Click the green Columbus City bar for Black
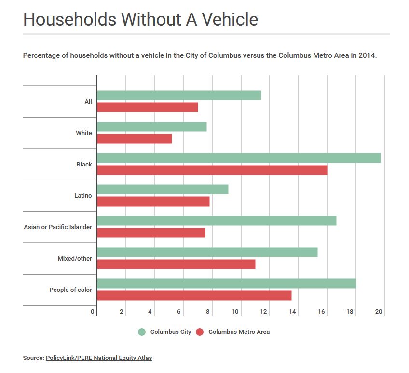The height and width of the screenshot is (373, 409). [239, 158]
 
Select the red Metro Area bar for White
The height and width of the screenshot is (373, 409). [135, 138]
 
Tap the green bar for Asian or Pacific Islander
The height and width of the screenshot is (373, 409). [217, 221]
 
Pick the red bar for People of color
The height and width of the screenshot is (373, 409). [194, 295]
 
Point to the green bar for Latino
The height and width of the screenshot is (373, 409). [163, 189]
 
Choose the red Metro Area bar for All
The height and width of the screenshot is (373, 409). [148, 107]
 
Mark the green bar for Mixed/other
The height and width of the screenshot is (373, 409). [207, 252]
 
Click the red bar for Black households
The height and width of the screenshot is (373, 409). [212, 170]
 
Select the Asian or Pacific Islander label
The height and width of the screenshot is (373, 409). [58, 227]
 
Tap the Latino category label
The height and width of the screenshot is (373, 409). [84, 195]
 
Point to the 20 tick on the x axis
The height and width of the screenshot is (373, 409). [379, 312]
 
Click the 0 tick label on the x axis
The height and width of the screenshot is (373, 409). [93, 312]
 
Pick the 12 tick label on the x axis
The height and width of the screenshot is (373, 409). [263, 312]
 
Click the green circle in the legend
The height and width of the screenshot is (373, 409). [142, 332]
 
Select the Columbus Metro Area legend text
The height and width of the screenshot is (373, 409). [239, 332]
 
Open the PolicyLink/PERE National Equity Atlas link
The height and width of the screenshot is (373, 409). [99, 358]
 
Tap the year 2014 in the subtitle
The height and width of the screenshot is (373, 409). [367, 55]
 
